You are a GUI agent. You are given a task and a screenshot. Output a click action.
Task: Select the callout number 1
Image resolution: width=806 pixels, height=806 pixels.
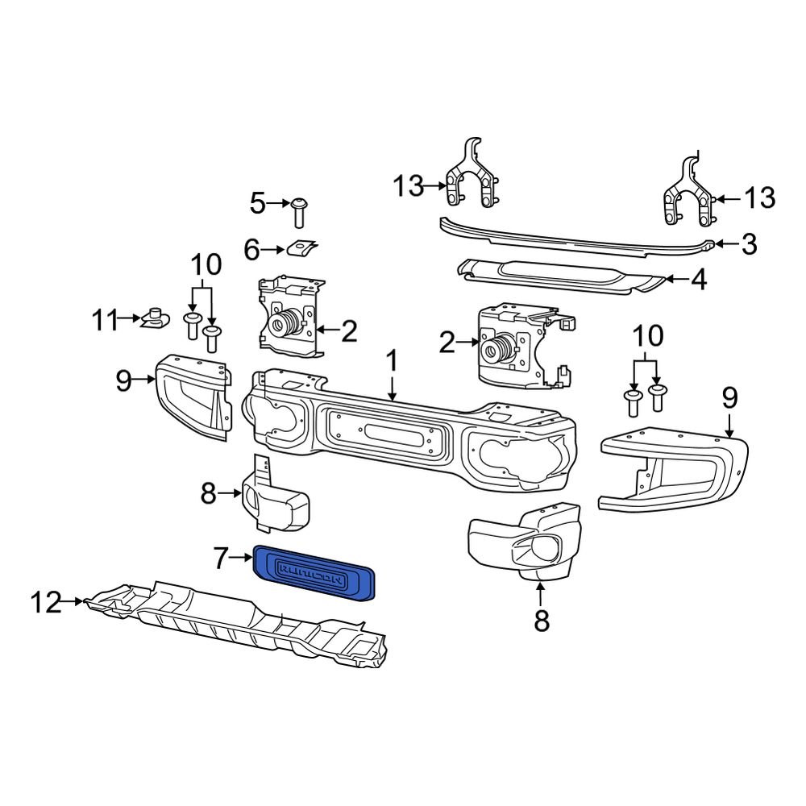tap(392, 362)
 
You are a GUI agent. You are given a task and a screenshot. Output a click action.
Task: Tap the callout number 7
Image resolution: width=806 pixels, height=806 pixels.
tap(222, 556)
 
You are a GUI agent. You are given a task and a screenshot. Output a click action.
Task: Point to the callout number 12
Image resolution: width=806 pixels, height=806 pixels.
tap(46, 601)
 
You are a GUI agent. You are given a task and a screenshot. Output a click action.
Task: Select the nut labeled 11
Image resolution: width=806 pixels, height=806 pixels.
tap(155, 320)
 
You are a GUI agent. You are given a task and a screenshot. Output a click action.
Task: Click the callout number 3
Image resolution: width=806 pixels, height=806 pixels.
tap(749, 244)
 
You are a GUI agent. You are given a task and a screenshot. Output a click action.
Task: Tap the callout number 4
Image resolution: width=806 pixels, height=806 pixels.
tap(698, 280)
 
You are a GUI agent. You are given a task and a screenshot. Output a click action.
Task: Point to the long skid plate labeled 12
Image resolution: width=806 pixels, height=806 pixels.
tap(242, 621)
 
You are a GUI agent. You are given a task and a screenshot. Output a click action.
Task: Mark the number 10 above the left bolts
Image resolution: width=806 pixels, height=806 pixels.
tap(205, 264)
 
